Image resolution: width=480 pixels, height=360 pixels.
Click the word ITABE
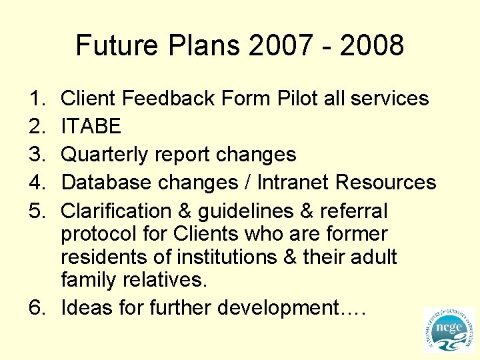pos(91,127)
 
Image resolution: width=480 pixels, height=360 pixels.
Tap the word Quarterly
pos(105,155)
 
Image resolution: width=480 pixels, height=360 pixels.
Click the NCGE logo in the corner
pos(447,329)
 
